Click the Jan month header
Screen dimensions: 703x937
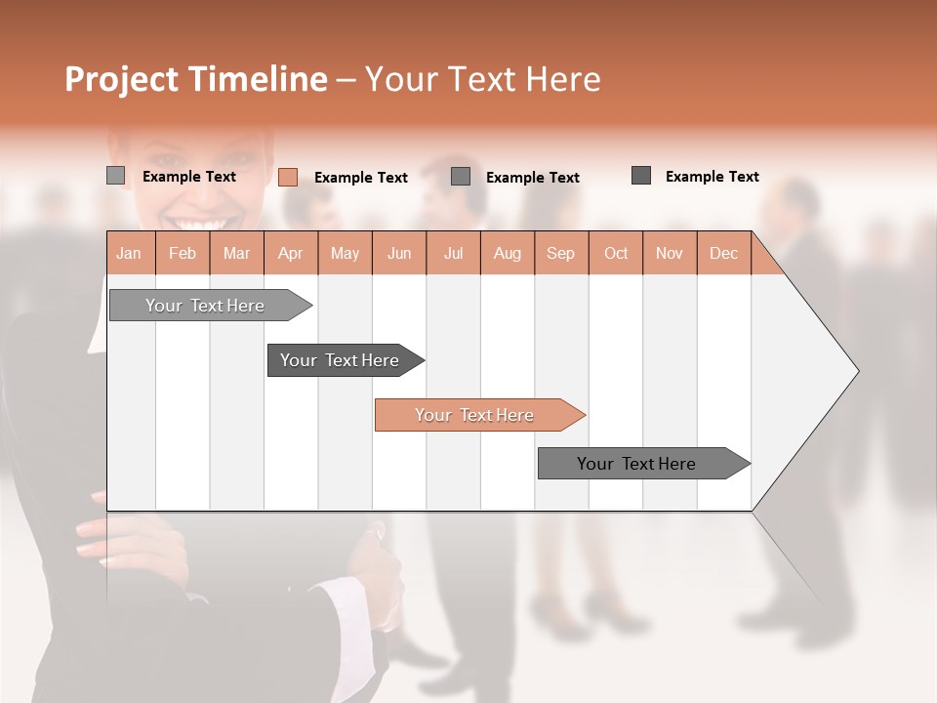tap(130, 253)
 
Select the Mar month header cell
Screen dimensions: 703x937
tap(236, 253)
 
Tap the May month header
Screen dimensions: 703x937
tap(345, 253)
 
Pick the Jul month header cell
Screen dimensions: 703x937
tap(453, 253)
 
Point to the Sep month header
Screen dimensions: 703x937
tap(560, 253)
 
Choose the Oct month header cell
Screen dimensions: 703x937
tap(615, 253)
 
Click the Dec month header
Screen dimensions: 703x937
tap(723, 253)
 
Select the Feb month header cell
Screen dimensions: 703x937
tap(183, 253)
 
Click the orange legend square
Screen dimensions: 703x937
tap(287, 177)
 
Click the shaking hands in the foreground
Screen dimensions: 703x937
tap(376, 571)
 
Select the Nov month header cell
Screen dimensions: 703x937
tap(670, 253)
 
